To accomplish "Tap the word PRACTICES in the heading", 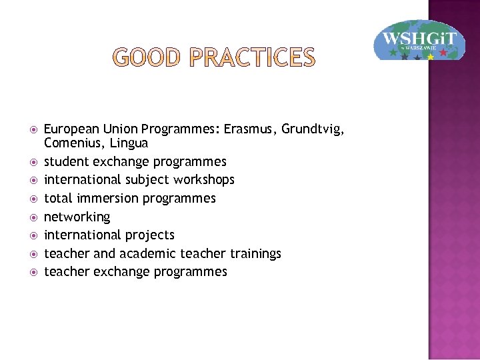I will click(x=252, y=58).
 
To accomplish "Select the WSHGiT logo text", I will click(x=419, y=37).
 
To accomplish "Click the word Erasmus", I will click(x=249, y=129).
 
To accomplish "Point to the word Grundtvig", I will click(x=313, y=129).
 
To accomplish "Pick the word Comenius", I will click(x=71, y=143).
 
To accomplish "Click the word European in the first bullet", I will click(x=70, y=129).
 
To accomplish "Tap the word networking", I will click(x=77, y=217).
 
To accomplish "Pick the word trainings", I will click(x=255, y=253).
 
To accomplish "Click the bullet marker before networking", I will click(x=29, y=217).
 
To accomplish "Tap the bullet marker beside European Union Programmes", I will click(x=29, y=129).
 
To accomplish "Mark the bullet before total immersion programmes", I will click(x=29, y=199).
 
